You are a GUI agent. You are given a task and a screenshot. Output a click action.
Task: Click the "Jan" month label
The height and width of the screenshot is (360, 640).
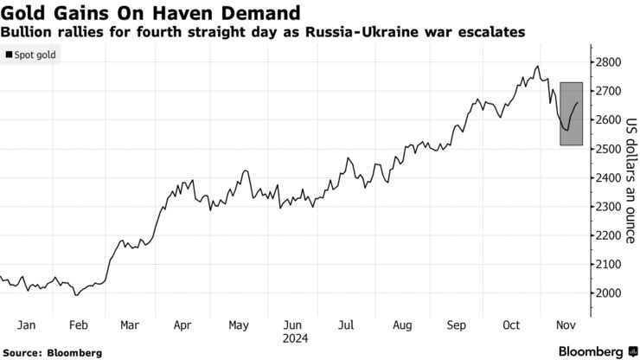click(x=26, y=325)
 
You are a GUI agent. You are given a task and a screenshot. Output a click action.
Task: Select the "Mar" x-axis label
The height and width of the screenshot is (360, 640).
click(x=130, y=325)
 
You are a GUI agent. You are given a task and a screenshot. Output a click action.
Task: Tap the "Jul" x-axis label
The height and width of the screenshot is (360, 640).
click(x=346, y=325)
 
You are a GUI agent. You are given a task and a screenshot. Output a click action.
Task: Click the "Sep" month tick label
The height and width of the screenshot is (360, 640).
click(x=457, y=325)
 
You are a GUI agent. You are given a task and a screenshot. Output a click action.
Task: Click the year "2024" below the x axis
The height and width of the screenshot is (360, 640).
click(x=294, y=338)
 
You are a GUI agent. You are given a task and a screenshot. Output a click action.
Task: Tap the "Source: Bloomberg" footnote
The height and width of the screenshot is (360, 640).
click(x=53, y=352)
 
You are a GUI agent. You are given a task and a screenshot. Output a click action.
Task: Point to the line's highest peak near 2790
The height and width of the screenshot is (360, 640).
click(x=538, y=66)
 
